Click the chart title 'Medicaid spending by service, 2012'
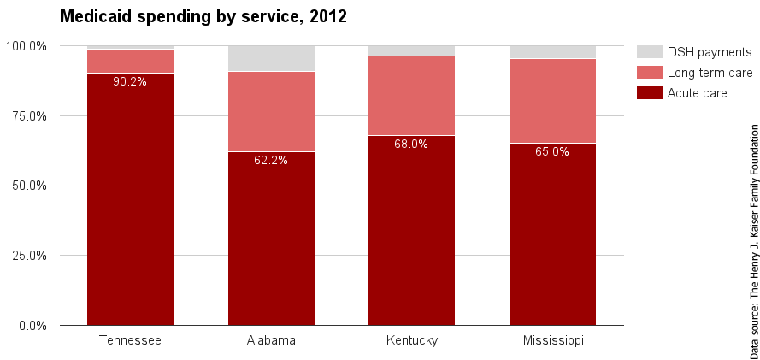click(x=203, y=16)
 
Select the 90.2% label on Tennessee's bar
click(x=130, y=82)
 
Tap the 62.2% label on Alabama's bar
click(x=271, y=160)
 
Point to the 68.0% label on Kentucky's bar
click(x=411, y=144)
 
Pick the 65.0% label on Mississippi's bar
click(x=552, y=152)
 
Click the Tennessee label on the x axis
click(x=130, y=340)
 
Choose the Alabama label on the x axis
click(x=271, y=340)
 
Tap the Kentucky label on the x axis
click(x=411, y=340)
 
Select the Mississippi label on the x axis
click(x=552, y=340)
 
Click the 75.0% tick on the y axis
click(x=29, y=115)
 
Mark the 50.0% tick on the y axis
click(x=29, y=186)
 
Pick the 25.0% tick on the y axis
click(x=29, y=256)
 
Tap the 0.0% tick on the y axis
click(x=32, y=326)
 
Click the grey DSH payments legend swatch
click(x=650, y=52)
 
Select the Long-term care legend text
click(x=710, y=73)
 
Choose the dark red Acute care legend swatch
click(x=650, y=92)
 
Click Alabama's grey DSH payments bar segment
click(x=271, y=58)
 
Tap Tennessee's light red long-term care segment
click(x=130, y=61)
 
